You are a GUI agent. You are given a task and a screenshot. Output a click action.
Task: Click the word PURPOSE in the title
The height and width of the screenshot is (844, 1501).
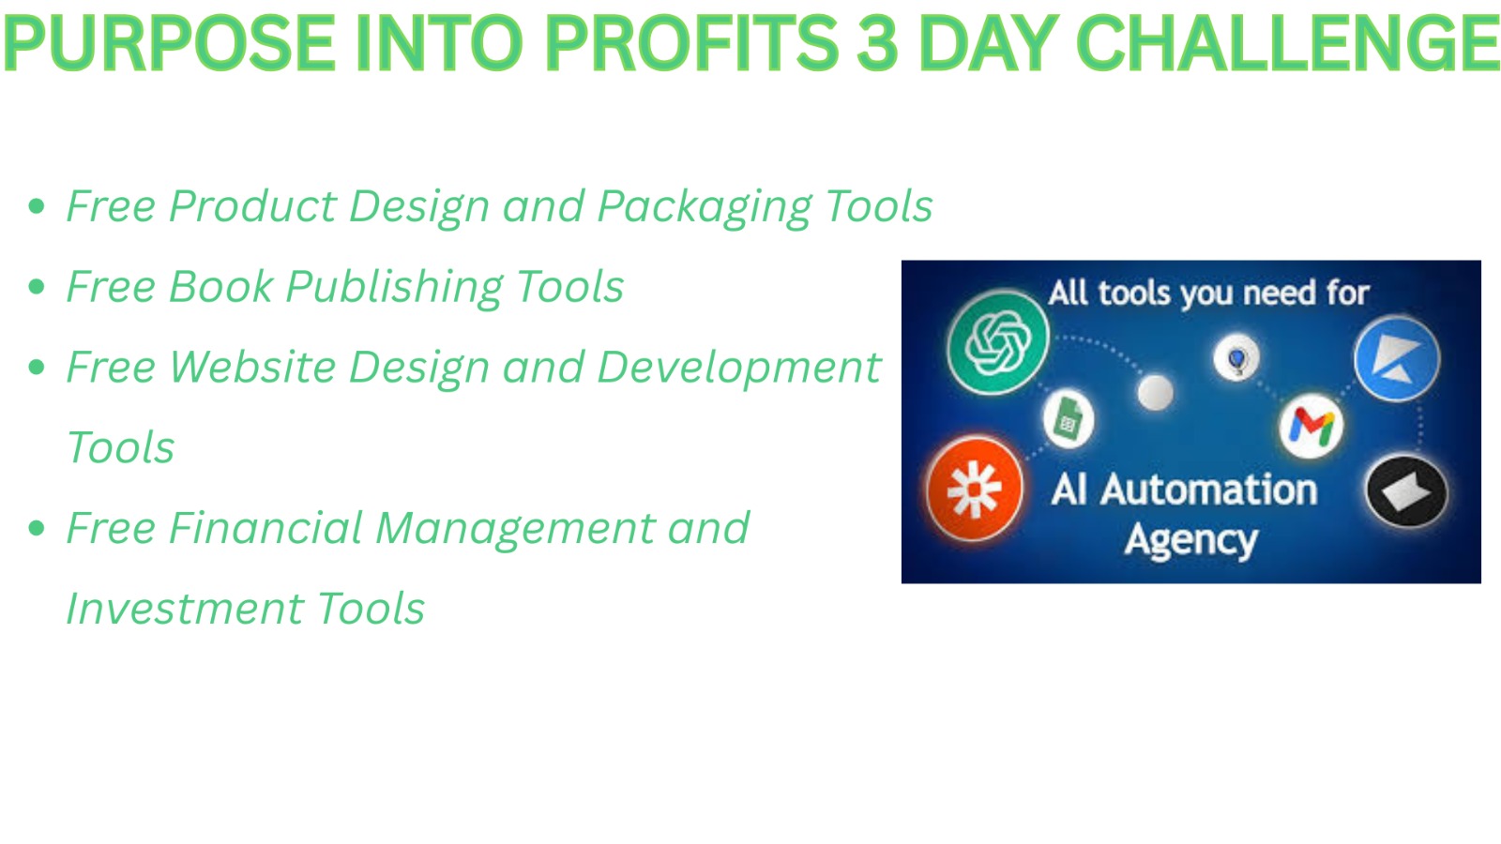(169, 43)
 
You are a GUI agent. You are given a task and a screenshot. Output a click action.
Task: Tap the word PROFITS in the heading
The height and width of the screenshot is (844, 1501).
(691, 43)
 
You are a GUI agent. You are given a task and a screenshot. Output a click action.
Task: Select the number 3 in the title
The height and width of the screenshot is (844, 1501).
(877, 43)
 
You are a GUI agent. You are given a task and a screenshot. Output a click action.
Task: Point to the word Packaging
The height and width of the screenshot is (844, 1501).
(705, 207)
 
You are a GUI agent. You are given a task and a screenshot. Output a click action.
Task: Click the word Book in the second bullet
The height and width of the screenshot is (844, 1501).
(220, 287)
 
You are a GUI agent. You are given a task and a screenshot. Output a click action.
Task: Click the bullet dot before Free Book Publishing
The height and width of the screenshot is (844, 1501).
(37, 287)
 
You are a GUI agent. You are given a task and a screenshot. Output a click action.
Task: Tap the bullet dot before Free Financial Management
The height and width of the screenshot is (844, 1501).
(37, 528)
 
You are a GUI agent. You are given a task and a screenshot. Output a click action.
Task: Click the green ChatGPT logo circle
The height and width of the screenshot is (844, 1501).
(998, 341)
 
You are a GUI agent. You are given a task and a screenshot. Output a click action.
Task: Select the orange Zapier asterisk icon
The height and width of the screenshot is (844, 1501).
(975, 490)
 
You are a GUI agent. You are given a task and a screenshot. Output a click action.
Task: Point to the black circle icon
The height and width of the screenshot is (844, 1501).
(1406, 492)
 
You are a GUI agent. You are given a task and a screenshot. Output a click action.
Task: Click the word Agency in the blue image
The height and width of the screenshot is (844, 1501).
(1190, 541)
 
